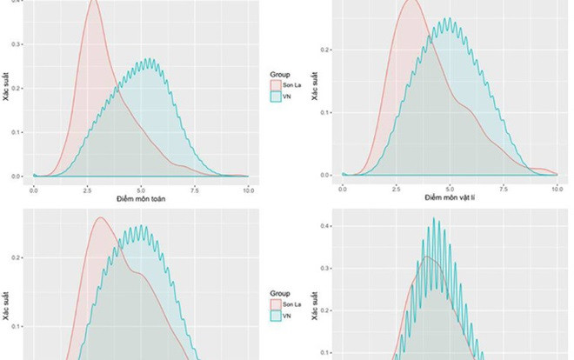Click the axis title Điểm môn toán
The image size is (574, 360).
[141, 199]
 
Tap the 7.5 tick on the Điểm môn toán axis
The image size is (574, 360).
[194, 189]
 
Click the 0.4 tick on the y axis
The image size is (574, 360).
[324, 226]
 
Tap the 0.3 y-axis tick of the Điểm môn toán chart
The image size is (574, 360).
[17, 43]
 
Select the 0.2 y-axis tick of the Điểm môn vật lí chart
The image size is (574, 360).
[325, 50]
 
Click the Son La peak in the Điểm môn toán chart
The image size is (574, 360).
[94, 2]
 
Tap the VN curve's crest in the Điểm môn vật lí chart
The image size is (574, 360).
[449, 18]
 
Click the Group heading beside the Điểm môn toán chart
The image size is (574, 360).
[279, 76]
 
